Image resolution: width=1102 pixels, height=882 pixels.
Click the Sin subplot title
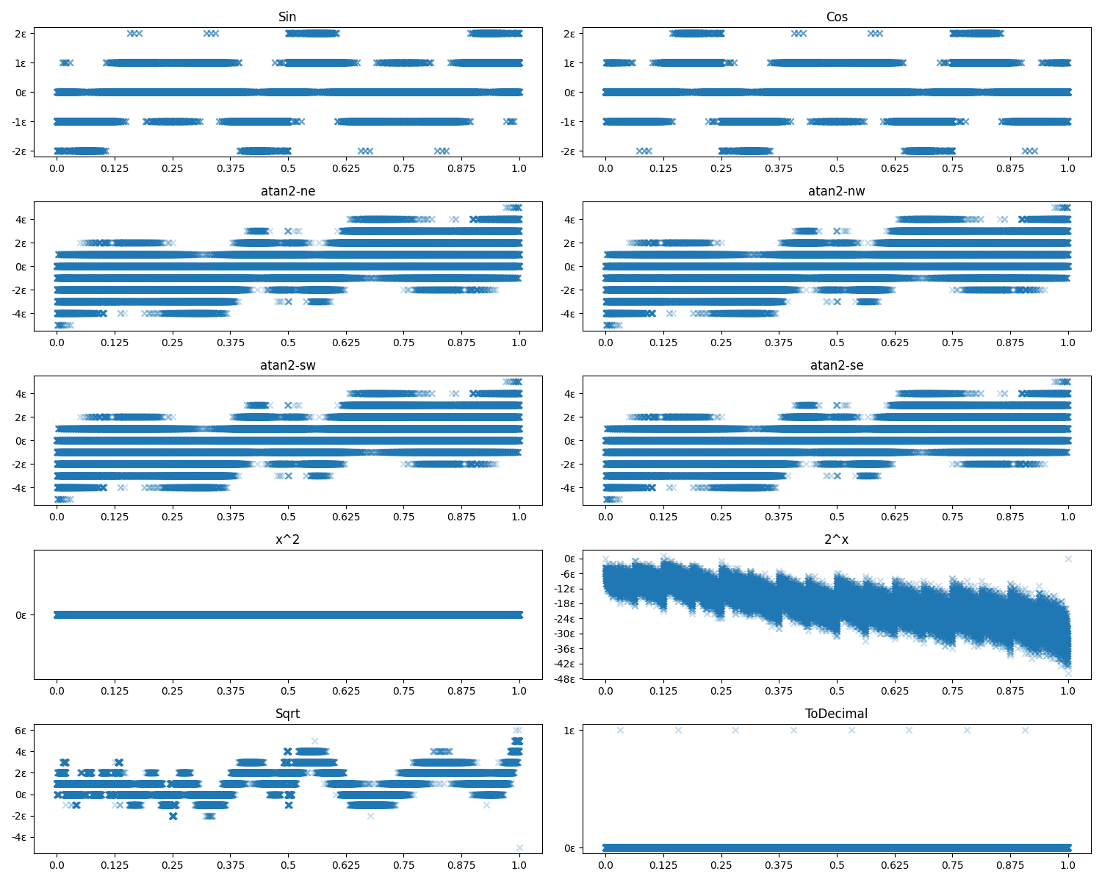tap(287, 17)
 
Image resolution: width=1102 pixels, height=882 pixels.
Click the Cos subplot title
tap(837, 17)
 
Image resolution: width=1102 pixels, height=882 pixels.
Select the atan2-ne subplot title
tap(287, 191)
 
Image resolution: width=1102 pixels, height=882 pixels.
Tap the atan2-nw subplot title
tap(837, 191)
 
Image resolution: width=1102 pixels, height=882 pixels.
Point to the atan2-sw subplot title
tap(287, 365)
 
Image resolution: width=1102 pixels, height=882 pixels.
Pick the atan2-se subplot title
tap(837, 365)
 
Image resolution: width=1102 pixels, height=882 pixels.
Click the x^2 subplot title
tap(287, 539)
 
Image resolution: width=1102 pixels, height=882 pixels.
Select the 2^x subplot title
tap(837, 539)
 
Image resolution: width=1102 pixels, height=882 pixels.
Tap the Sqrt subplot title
tap(287, 714)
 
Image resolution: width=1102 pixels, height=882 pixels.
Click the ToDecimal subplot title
tap(837, 714)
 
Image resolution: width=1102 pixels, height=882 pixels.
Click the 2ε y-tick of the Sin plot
tap(20, 33)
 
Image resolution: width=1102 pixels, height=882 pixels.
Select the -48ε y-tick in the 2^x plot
tap(565, 678)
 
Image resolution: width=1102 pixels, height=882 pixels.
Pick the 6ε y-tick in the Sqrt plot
tap(20, 730)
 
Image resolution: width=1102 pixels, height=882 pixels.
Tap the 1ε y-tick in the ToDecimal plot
tap(569, 730)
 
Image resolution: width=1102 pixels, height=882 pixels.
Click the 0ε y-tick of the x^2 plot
tap(20, 614)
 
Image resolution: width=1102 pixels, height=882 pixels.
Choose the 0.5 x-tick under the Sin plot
tap(288, 168)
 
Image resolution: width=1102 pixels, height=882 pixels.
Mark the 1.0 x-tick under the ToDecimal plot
tap(1068, 865)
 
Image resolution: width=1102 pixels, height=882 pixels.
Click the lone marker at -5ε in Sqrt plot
tap(519, 847)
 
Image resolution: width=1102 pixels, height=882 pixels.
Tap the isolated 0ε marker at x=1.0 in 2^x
tap(1068, 559)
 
